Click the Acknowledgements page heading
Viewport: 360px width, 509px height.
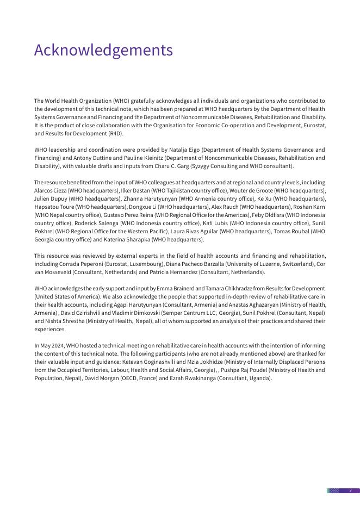coord(103,50)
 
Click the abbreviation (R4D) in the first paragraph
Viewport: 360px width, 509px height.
coord(115,133)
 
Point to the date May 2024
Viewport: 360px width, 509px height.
coord(52,345)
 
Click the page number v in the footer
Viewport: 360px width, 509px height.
coord(350,491)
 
